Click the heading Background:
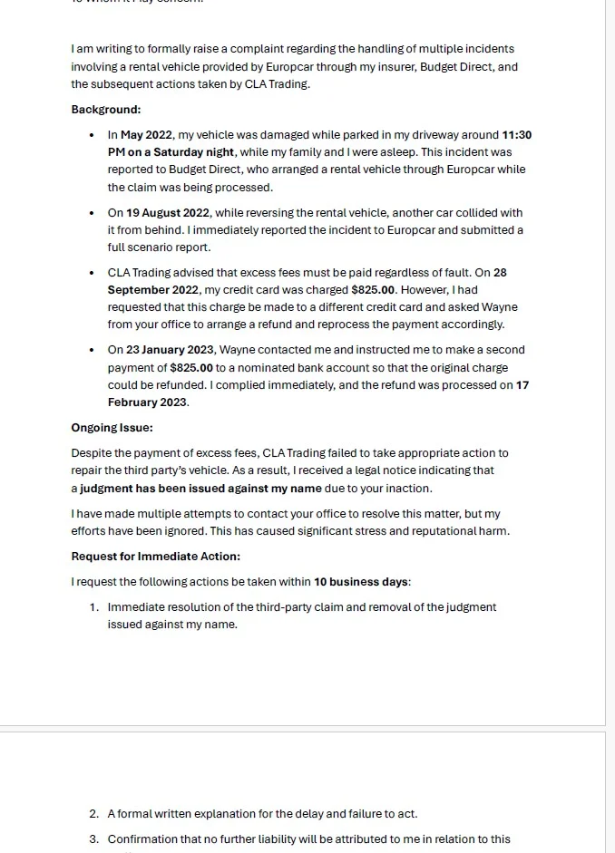pos(106,110)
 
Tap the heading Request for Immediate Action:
pos(156,557)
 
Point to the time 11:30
pos(516,135)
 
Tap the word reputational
pos(443,531)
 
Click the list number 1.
pos(94,607)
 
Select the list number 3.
pos(94,839)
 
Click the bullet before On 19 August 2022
pos(92,213)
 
